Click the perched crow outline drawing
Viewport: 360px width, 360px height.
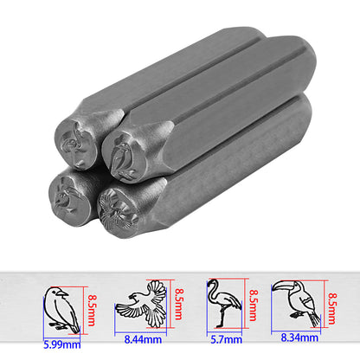tap(61, 306)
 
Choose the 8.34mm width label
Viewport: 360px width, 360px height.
tap(298, 340)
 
